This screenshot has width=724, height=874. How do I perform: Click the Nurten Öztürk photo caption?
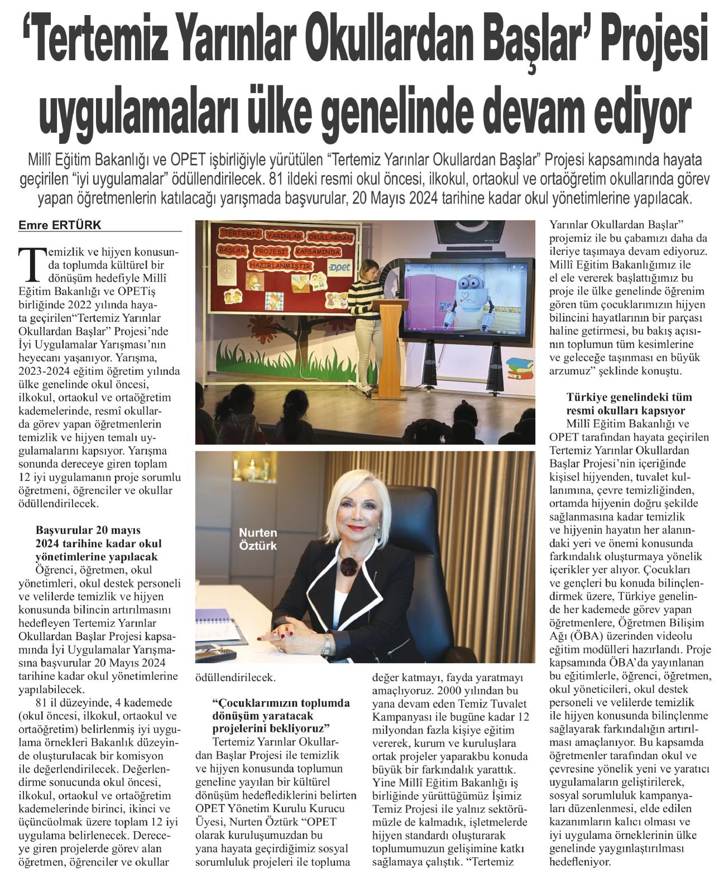pos(258,539)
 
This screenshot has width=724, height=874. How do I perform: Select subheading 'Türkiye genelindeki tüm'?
pos(621,398)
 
